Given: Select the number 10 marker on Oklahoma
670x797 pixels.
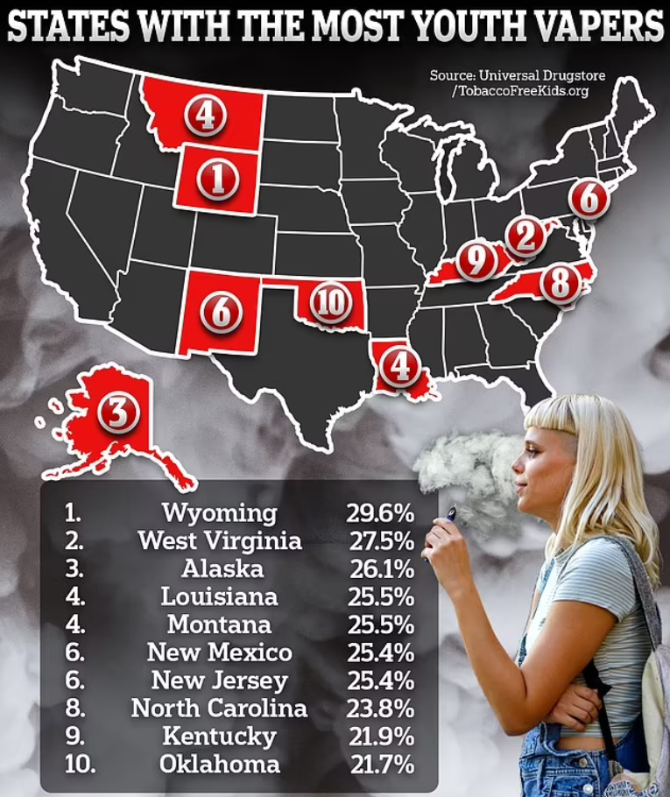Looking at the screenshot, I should pos(330,304).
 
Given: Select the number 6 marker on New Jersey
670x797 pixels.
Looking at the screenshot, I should pos(589,199).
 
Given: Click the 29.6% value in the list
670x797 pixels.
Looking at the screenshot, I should pos(380,512).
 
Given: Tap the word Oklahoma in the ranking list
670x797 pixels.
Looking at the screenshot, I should pos(219,764).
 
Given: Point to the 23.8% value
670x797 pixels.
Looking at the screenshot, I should pos(380,708).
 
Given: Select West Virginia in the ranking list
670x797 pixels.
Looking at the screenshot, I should pos(219,540).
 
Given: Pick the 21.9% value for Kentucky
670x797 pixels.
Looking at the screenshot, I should pos(380,736).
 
